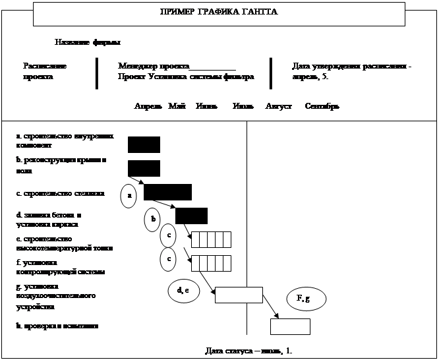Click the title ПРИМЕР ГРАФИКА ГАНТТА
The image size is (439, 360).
[219, 13]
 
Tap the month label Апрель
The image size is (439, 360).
[148, 106]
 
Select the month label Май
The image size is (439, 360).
[177, 106]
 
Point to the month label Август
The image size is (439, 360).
[278, 106]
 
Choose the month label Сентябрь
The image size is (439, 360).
[322, 106]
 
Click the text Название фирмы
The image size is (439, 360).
[88, 43]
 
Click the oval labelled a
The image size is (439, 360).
[130, 196]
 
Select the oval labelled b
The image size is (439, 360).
[152, 220]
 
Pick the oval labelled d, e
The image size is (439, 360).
[183, 290]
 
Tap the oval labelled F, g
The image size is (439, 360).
[303, 299]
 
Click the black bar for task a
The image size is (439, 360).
[144, 144]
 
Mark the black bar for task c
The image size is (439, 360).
[167, 192]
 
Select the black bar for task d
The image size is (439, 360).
[191, 216]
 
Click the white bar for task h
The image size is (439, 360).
[290, 326]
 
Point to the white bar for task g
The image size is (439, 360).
[239, 295]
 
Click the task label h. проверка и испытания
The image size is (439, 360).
[57, 326]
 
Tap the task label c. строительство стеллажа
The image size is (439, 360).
[60, 195]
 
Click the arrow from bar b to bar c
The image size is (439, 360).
[136, 179]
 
